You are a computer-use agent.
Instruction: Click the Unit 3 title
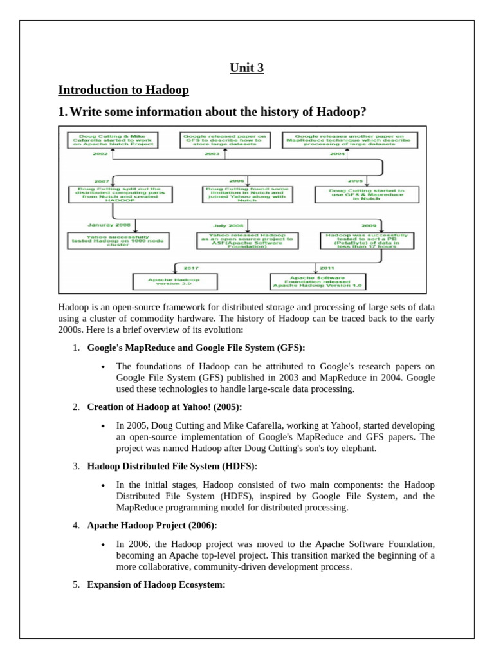247,68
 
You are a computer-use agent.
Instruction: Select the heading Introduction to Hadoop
123,89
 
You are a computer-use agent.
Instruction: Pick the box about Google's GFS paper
224,140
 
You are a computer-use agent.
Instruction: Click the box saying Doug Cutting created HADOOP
120,194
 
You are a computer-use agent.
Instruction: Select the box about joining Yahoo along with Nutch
247,194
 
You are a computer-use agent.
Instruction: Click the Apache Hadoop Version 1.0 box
317,281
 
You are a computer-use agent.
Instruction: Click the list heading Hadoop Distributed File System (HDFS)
172,466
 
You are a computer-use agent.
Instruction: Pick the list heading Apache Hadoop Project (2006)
152,525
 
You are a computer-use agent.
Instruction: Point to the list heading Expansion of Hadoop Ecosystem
156,584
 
